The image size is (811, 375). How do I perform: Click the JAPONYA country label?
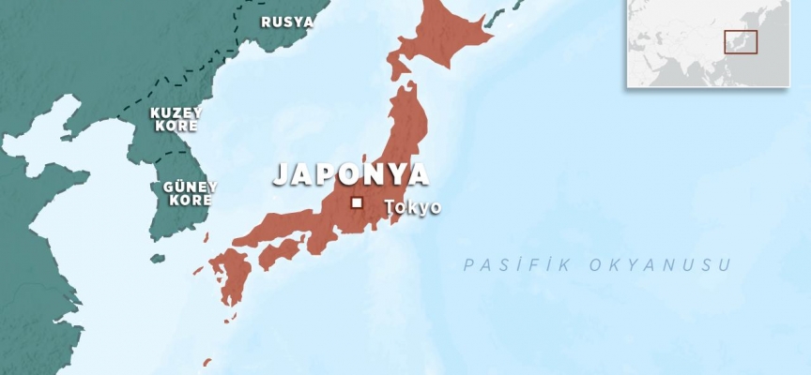pyautogui.click(x=351, y=174)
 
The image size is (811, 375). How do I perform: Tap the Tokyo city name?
pyautogui.click(x=412, y=207)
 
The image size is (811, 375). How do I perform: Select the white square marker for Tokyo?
pyautogui.click(x=357, y=202)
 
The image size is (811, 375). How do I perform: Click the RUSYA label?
pyautogui.click(x=286, y=22)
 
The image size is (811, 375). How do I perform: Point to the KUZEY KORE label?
pyautogui.click(x=176, y=118)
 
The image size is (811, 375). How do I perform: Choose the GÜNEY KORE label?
pyautogui.click(x=190, y=193)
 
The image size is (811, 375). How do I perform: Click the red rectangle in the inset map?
pyautogui.click(x=740, y=41)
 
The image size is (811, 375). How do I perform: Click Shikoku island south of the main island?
pyautogui.click(x=279, y=251)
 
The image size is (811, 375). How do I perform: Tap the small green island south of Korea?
pyautogui.click(x=158, y=258)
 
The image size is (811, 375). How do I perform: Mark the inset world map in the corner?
pyautogui.click(x=708, y=43)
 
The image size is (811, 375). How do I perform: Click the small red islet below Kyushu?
pyautogui.click(x=207, y=362)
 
